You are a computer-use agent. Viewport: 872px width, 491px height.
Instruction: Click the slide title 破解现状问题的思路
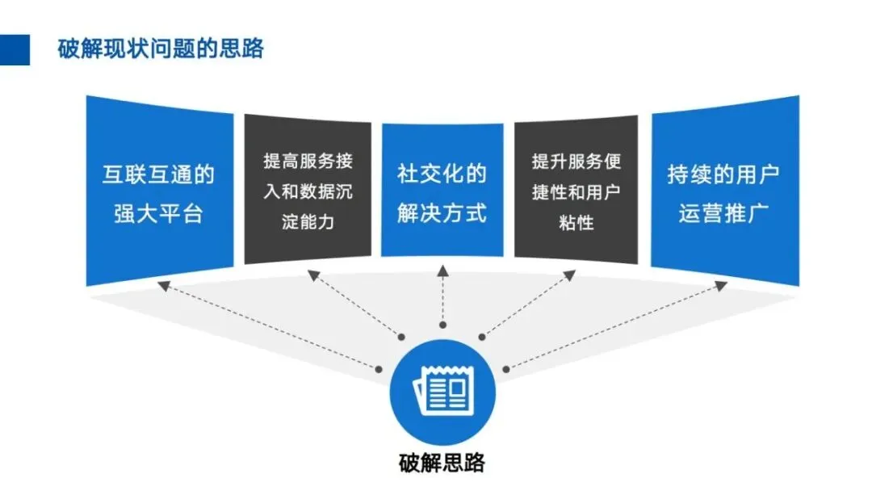(x=161, y=48)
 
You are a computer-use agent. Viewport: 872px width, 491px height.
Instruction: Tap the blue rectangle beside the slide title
(x=15, y=49)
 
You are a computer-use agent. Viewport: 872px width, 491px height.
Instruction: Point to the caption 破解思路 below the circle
(x=442, y=463)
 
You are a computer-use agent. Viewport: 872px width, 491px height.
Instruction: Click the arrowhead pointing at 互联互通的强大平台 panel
(x=164, y=285)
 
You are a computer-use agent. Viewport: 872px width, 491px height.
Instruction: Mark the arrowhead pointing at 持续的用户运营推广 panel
(x=720, y=285)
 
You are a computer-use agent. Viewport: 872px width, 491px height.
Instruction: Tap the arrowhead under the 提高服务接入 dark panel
(x=313, y=276)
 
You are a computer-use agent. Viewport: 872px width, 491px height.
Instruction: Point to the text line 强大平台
(x=158, y=213)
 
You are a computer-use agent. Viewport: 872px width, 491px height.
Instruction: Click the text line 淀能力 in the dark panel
(x=308, y=220)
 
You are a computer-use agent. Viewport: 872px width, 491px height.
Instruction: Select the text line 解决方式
(x=442, y=213)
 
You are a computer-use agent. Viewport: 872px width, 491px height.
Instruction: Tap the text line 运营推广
(x=723, y=213)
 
